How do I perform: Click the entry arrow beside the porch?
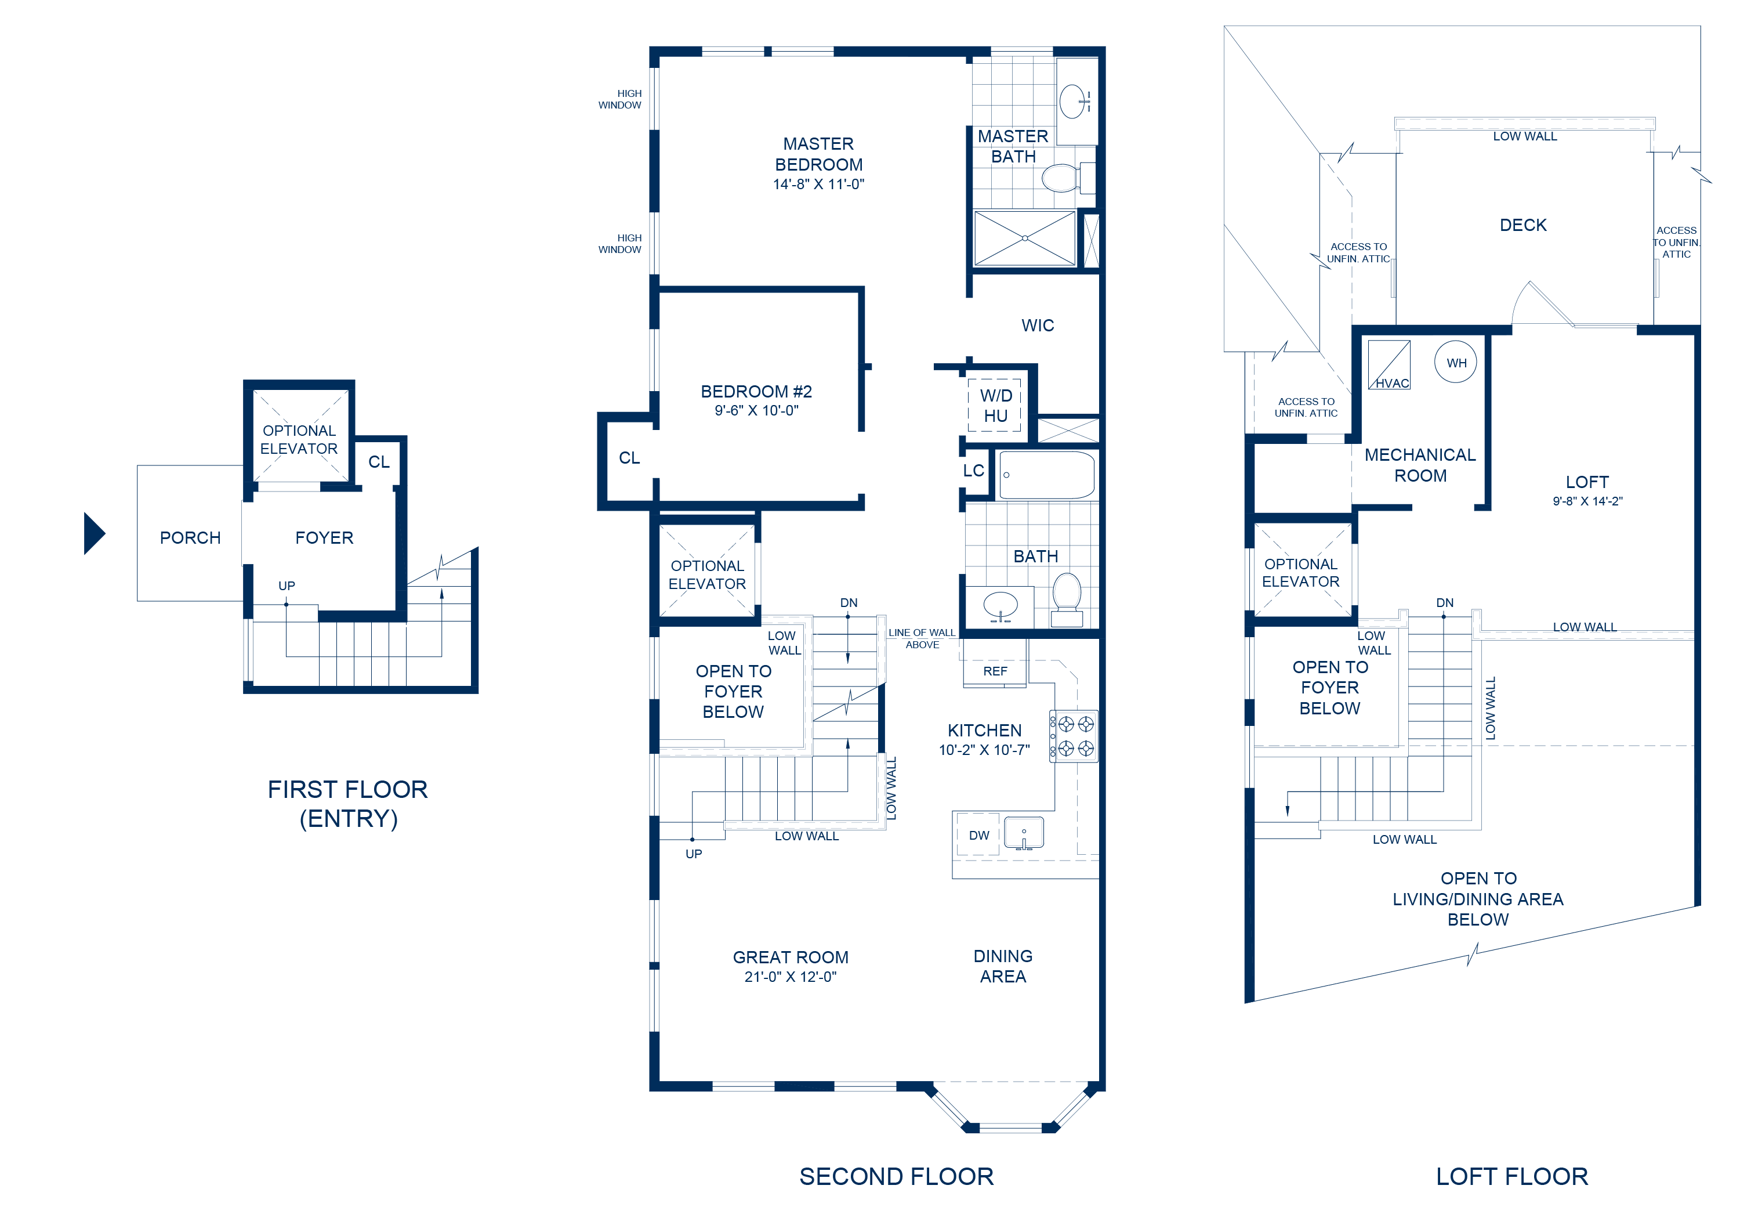[93, 534]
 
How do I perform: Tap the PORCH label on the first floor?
[190, 537]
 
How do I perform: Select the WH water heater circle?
[1456, 362]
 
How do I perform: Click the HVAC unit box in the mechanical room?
[1389, 364]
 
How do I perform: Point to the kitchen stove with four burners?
[1074, 736]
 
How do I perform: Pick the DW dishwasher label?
[979, 836]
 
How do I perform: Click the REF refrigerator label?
[995, 671]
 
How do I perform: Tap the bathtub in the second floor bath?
[1046, 475]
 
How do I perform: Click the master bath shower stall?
[1025, 238]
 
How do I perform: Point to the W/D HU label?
[996, 406]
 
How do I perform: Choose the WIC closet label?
[1038, 325]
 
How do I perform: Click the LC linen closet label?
[974, 471]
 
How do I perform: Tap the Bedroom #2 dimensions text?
[756, 411]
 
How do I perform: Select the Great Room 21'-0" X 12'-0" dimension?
[791, 977]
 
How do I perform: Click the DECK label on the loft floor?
[1523, 225]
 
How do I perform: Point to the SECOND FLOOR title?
[897, 1176]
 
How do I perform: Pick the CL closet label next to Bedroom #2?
[629, 458]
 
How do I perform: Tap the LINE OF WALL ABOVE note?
[922, 639]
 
